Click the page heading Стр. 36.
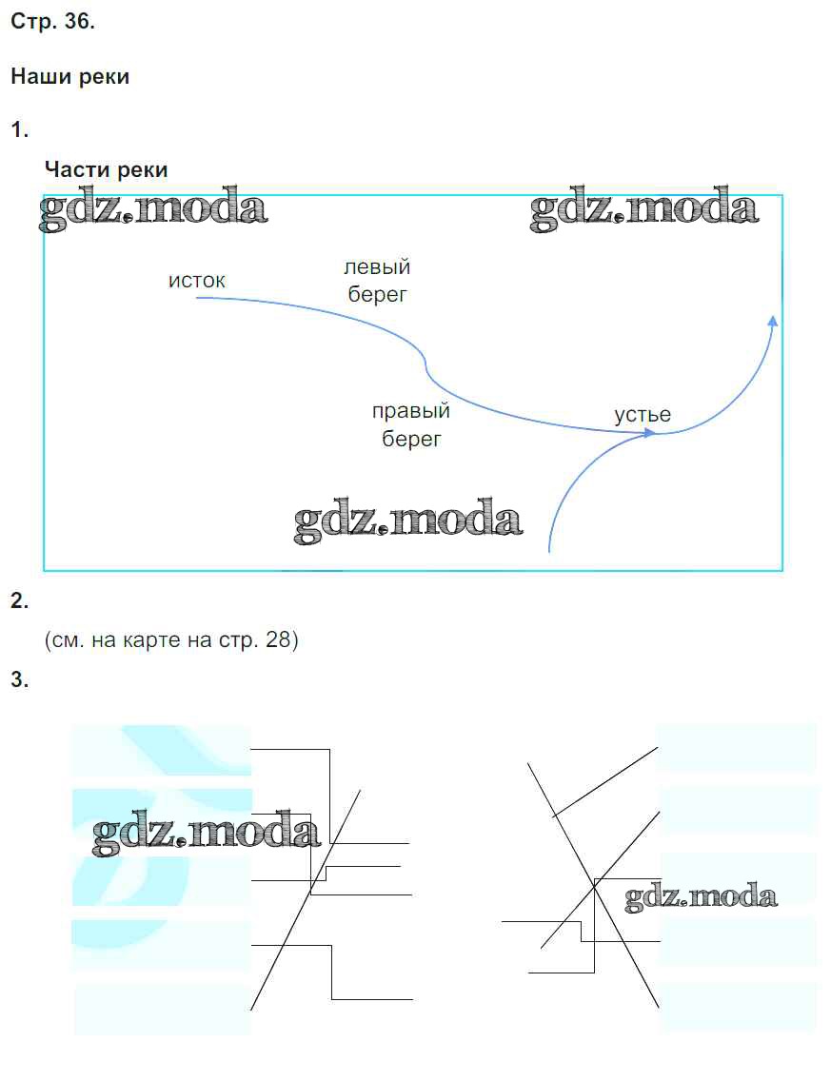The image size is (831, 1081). click(x=52, y=23)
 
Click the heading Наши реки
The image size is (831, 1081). click(x=69, y=77)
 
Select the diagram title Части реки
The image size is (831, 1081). click(x=106, y=169)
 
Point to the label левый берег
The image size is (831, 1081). click(x=377, y=282)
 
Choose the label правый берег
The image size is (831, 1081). click(x=411, y=425)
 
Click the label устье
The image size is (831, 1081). click(x=643, y=415)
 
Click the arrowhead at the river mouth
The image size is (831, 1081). click(x=651, y=433)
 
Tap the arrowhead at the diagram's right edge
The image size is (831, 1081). click(x=773, y=322)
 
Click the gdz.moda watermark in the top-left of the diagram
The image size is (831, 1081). click(x=152, y=210)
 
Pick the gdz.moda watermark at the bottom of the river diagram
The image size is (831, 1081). click(x=408, y=521)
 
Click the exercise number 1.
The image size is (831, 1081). click(x=19, y=129)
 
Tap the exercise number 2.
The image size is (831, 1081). click(x=19, y=600)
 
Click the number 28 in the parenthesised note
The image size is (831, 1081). click(x=277, y=640)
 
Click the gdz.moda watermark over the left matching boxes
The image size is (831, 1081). click(x=207, y=834)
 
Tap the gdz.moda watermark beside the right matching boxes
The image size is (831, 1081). click(x=701, y=896)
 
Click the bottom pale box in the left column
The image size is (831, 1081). click(x=162, y=1009)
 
